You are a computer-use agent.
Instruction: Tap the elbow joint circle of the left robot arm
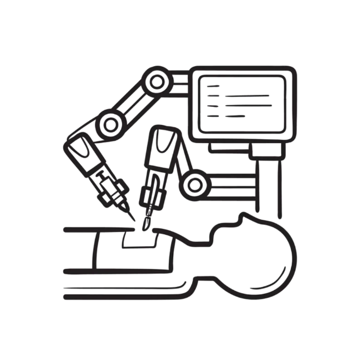(110, 122)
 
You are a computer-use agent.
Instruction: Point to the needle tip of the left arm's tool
(134, 221)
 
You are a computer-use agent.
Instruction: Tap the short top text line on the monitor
(213, 84)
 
